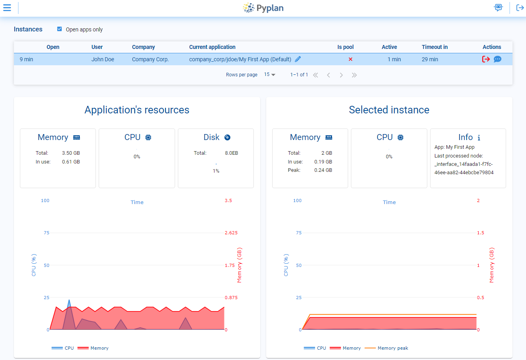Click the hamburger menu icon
[x=7, y=8]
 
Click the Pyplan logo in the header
[x=263, y=8]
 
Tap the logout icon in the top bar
[x=520, y=8]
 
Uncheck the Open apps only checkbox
[x=60, y=29]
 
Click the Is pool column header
[x=345, y=47]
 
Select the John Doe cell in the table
[x=103, y=59]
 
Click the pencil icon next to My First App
[x=298, y=59]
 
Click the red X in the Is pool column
[x=351, y=59]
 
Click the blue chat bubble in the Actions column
[x=497, y=59]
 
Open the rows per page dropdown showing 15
[x=270, y=75]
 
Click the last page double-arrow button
[x=354, y=75]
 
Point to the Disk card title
[x=212, y=137]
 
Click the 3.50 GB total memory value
[x=71, y=153]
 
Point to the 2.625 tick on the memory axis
[x=231, y=233]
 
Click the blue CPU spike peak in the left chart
[x=69, y=301]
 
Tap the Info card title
[x=466, y=137]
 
